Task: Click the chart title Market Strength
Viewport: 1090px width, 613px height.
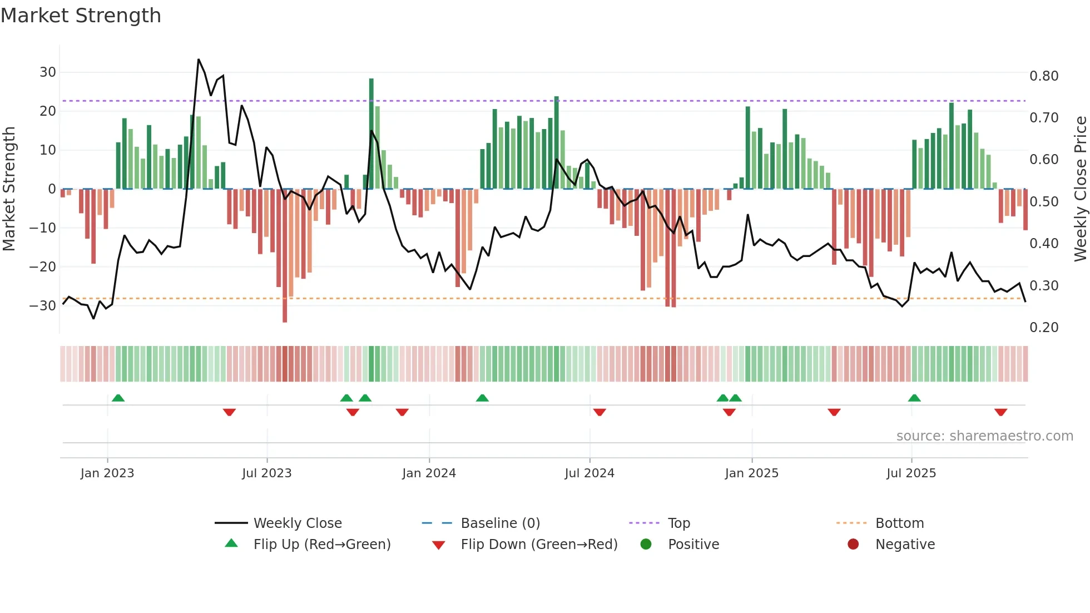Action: [81, 16]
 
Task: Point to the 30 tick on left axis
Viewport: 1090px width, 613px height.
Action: [48, 72]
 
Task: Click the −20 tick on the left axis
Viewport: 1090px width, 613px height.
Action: [43, 267]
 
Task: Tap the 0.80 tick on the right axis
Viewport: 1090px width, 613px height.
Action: [1044, 76]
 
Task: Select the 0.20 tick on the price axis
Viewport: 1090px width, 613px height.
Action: [1044, 328]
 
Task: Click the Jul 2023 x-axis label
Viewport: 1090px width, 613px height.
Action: [267, 473]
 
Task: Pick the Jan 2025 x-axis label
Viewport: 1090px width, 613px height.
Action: [752, 473]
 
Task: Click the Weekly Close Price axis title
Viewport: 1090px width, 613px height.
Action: [1080, 189]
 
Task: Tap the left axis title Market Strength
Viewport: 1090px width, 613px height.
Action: [9, 189]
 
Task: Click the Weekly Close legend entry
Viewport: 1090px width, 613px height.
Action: [298, 523]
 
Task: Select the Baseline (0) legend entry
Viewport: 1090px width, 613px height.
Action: [500, 523]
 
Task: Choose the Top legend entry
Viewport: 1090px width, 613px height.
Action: [678, 523]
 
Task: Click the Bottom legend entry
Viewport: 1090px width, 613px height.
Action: [899, 523]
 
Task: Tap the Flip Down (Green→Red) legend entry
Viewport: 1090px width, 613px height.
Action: [539, 545]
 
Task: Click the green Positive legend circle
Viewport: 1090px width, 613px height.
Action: [646, 545]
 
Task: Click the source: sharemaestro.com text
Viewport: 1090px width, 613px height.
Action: [984, 436]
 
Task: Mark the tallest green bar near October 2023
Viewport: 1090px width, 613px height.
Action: [371, 134]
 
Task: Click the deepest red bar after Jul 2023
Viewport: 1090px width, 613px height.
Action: [285, 256]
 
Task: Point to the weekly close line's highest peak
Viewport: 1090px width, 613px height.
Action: [199, 60]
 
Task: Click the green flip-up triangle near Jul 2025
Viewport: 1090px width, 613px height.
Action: [914, 398]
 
